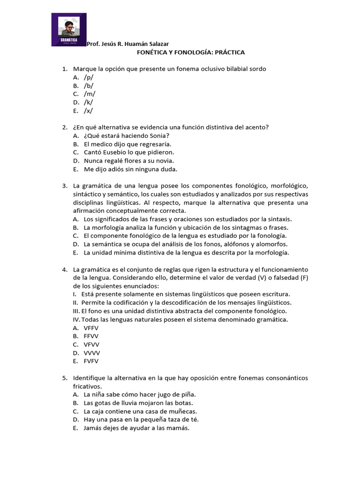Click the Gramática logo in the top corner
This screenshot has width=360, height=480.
click(68, 30)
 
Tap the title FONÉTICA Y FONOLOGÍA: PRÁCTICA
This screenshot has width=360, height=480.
click(191, 52)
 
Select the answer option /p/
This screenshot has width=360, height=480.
click(89, 77)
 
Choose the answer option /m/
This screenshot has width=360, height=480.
click(89, 94)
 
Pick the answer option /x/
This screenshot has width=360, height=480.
click(88, 111)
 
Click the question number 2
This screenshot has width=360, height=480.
click(64, 127)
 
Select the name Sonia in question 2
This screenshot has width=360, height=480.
click(159, 136)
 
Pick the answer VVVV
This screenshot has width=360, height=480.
click(92, 353)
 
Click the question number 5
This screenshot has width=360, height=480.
click(64, 378)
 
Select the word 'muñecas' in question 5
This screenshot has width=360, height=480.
click(183, 412)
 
